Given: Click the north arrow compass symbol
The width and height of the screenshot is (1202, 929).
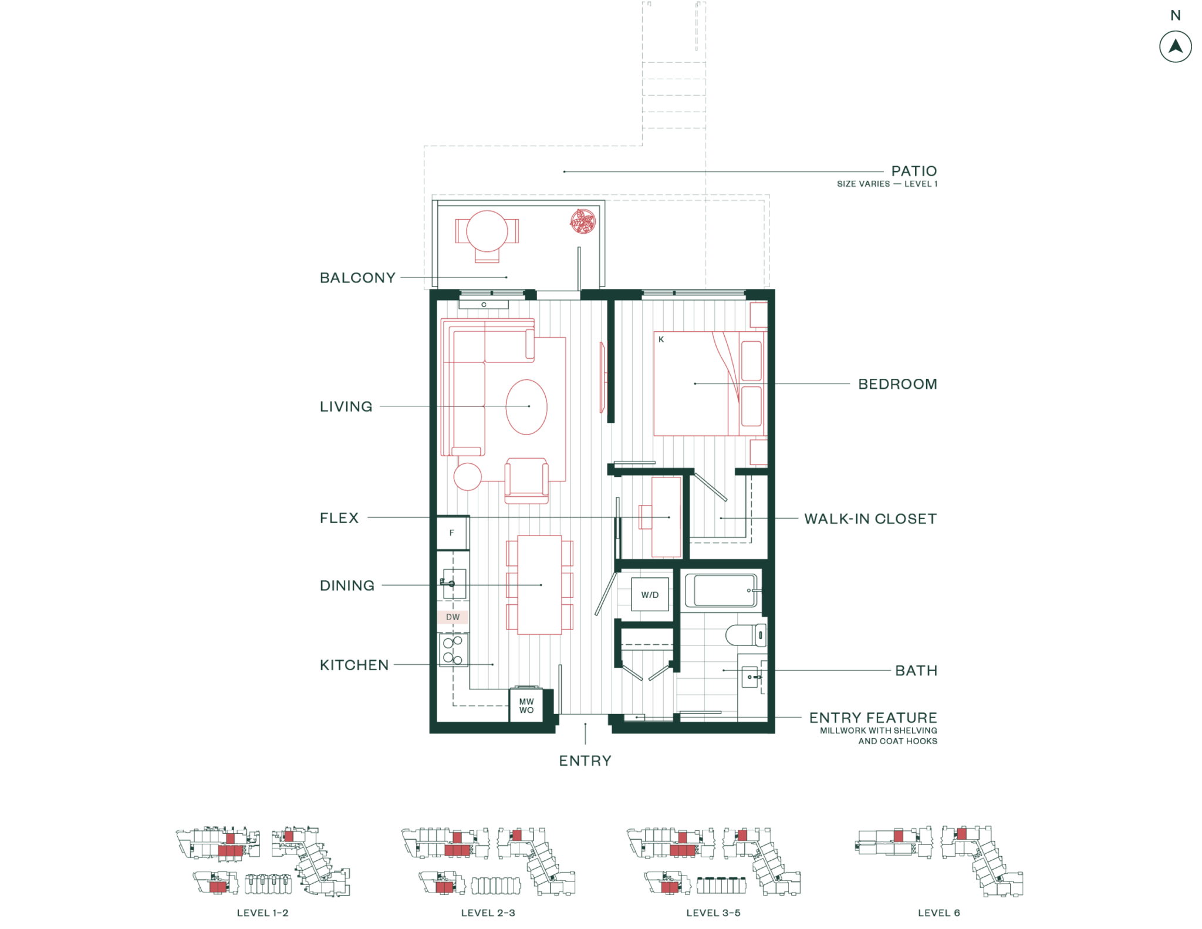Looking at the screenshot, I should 1175,47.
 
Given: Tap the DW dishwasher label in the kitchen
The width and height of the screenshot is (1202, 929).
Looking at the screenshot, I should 453,617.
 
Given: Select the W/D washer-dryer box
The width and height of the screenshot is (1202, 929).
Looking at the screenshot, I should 650,595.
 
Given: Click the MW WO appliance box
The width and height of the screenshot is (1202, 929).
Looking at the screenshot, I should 526,706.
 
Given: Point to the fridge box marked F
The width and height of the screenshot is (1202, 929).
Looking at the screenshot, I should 452,533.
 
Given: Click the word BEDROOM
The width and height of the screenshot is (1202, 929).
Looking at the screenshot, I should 897,385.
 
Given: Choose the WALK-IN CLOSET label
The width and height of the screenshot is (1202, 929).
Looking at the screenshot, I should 870,519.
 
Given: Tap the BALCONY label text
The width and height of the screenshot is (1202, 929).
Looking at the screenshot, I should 357,278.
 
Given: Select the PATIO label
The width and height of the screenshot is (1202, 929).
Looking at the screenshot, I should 914,171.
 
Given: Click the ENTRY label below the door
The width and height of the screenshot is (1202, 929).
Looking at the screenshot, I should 585,761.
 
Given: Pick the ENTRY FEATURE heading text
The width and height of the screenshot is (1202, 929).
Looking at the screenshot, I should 873,718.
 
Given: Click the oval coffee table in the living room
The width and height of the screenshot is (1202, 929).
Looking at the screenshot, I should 526,406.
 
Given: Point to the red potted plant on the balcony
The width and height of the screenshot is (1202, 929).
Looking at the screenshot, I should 583,221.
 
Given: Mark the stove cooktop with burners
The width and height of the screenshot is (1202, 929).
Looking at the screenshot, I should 453,650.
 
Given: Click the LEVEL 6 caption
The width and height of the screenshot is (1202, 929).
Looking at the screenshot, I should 938,913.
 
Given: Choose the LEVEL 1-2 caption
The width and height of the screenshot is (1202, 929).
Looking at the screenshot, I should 262,913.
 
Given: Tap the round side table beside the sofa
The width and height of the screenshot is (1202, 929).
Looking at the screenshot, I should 468,476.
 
